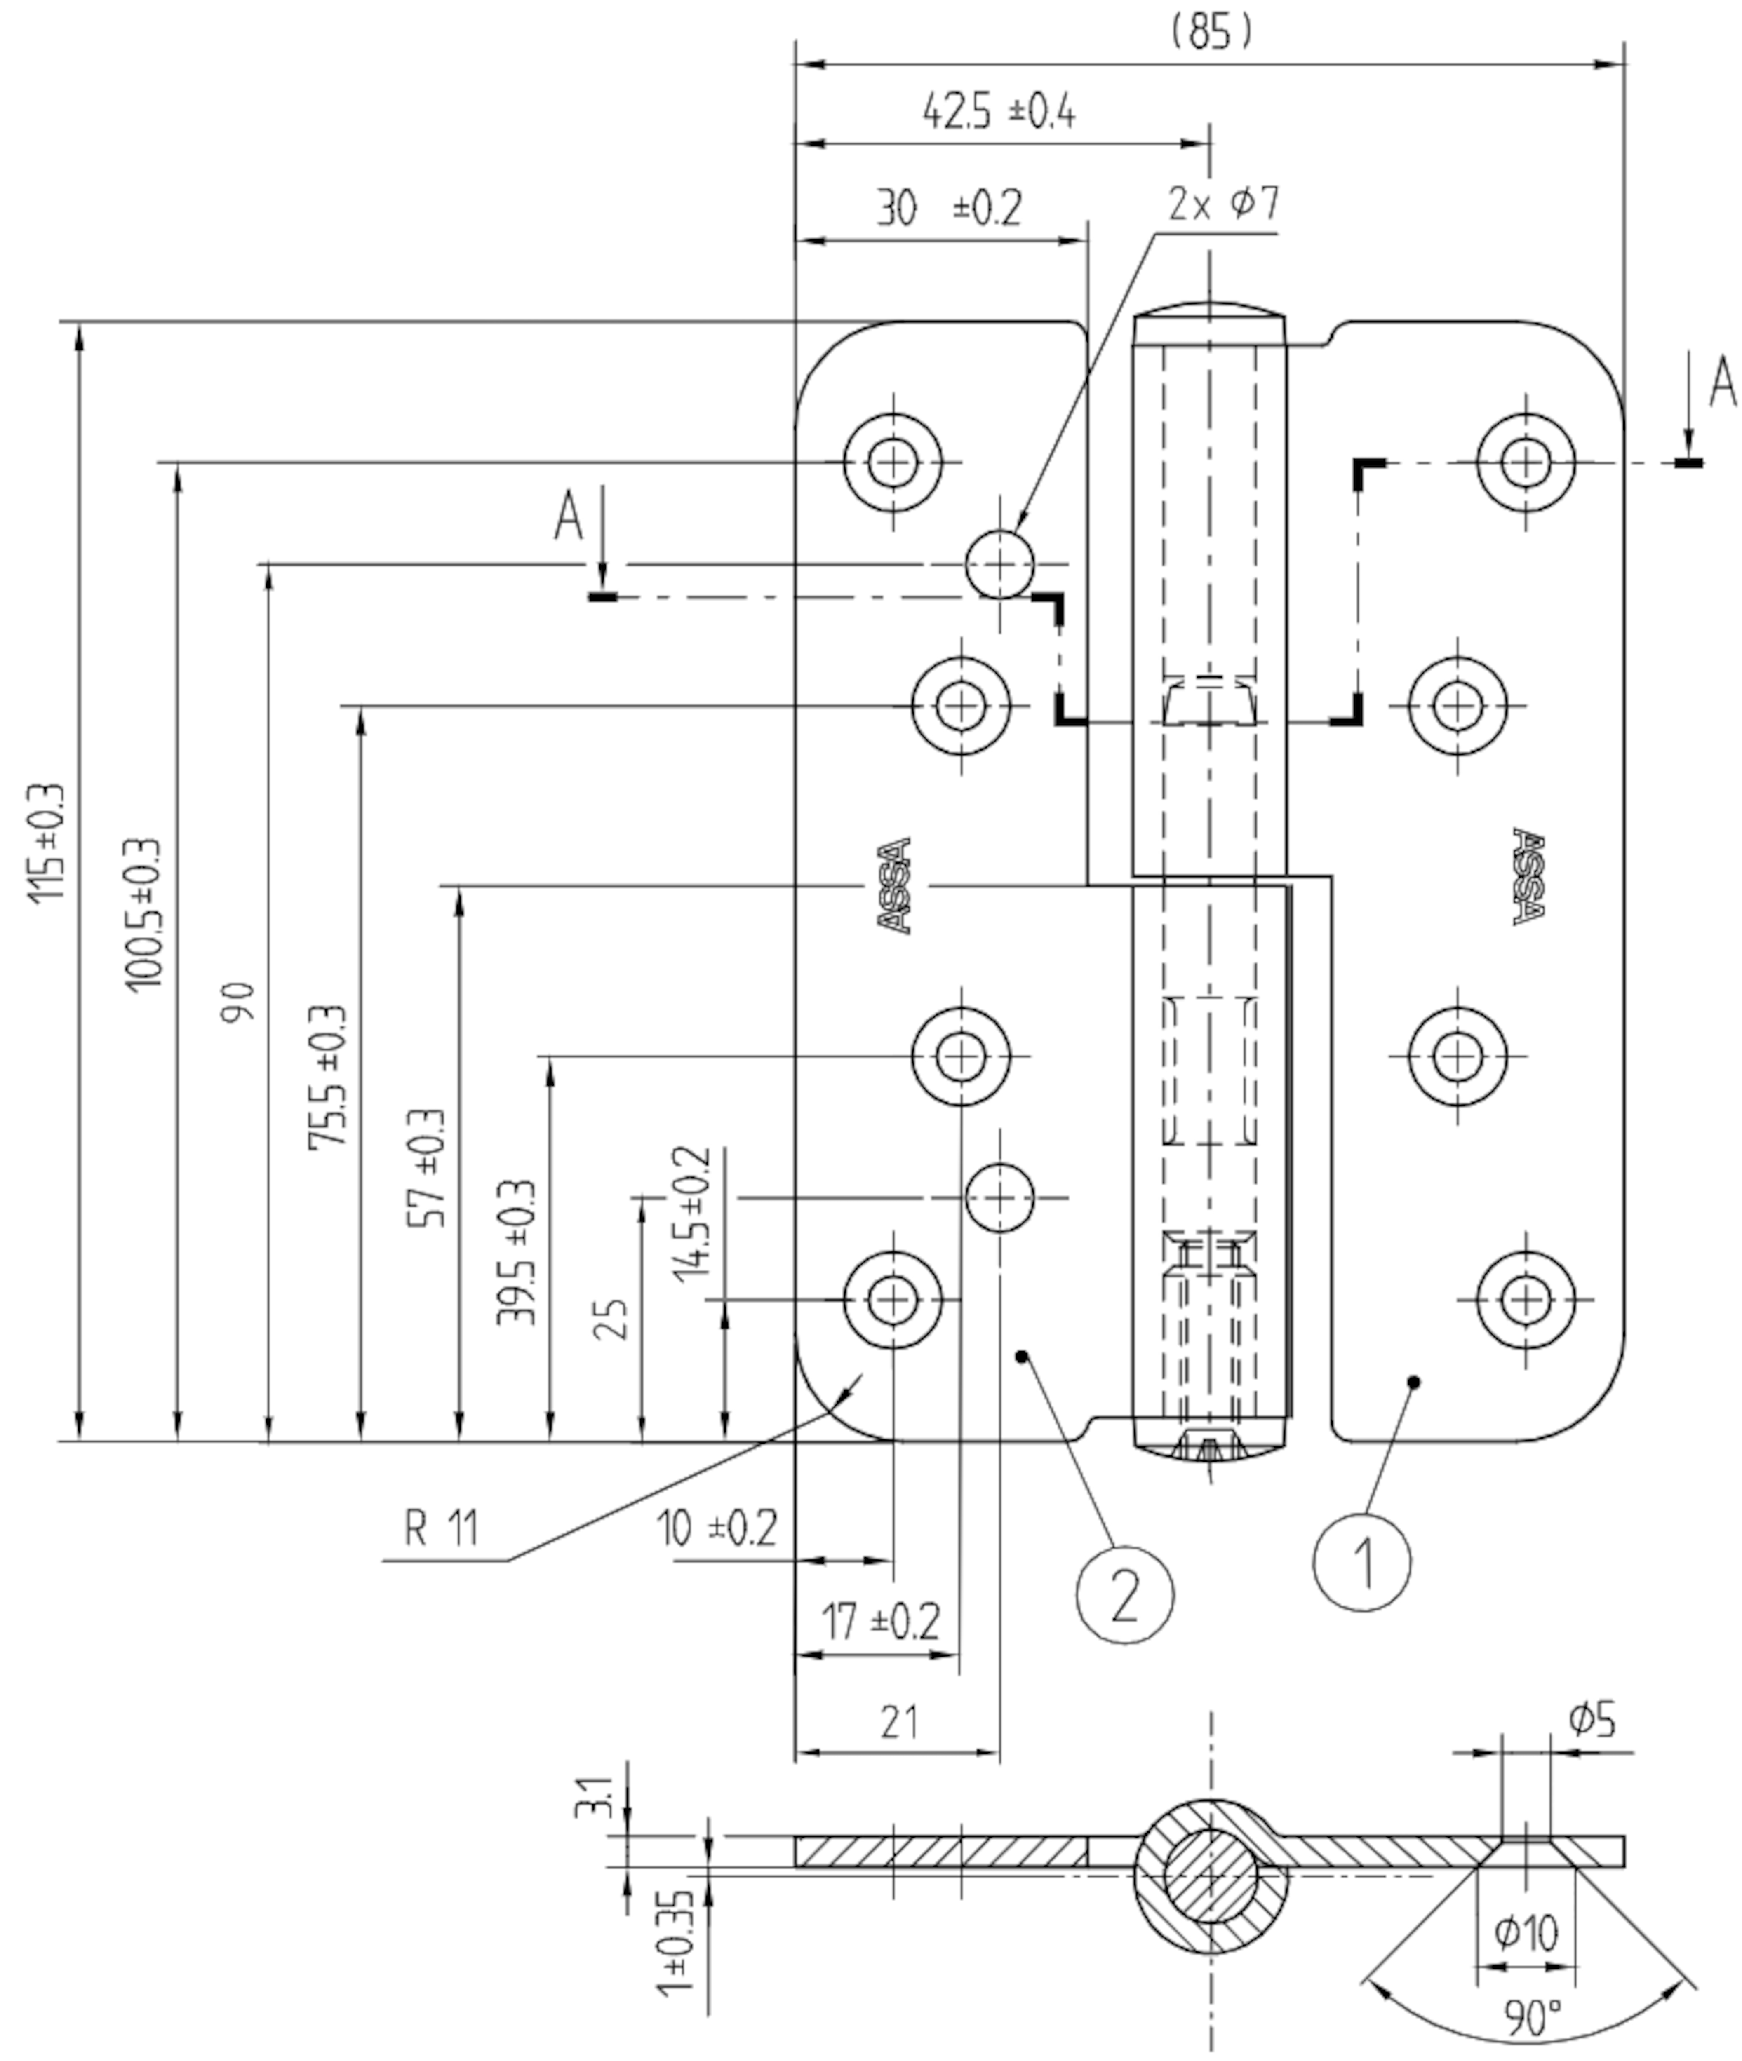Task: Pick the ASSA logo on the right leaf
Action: coord(1528,876)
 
